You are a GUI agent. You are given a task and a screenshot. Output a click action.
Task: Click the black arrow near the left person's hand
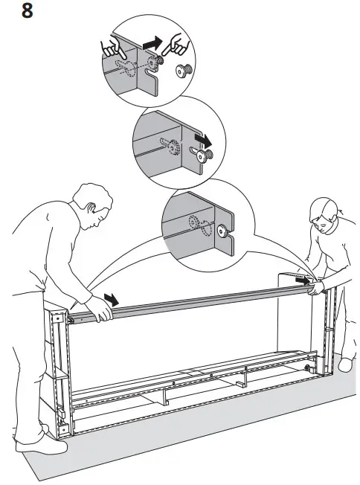click(112, 298)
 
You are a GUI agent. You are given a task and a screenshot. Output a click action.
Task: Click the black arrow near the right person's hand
click(301, 280)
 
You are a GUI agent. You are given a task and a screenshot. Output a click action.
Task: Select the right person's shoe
click(347, 364)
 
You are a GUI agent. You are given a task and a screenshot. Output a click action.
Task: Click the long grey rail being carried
click(201, 301)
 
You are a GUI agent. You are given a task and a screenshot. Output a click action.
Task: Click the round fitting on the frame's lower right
click(306, 367)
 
